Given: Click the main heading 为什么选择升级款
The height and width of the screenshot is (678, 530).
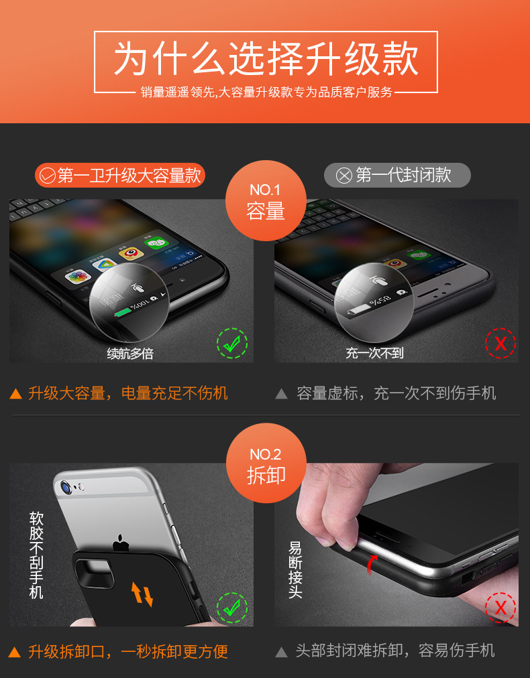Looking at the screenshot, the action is (266, 59).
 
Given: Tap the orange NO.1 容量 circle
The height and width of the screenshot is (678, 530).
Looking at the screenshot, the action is (266, 200).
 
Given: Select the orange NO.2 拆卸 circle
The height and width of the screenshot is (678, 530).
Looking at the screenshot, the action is (266, 463).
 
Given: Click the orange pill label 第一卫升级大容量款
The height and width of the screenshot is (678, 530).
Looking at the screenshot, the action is (120, 175).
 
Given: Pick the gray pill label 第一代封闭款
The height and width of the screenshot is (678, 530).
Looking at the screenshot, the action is (397, 175).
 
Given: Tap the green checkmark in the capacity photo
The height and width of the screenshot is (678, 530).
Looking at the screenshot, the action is (232, 343).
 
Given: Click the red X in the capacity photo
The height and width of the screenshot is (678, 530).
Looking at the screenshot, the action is (500, 343).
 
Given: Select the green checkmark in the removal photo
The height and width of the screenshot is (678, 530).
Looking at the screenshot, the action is (232, 608).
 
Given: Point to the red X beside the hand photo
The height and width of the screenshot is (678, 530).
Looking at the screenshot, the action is (500, 608).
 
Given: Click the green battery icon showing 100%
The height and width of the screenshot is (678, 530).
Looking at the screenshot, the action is (123, 312).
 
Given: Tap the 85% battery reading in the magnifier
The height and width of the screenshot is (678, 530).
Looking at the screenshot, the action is (380, 299).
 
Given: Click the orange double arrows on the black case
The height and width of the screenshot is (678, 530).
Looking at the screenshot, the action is (142, 594).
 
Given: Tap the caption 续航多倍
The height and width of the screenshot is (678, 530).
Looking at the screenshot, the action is (130, 354).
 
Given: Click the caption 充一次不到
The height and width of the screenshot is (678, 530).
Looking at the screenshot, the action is (374, 353).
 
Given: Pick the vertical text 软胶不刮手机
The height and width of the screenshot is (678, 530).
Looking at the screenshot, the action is (36, 555).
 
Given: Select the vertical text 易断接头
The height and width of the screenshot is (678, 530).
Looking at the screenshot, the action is (295, 570).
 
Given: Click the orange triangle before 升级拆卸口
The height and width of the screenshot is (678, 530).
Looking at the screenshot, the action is (15, 652).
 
